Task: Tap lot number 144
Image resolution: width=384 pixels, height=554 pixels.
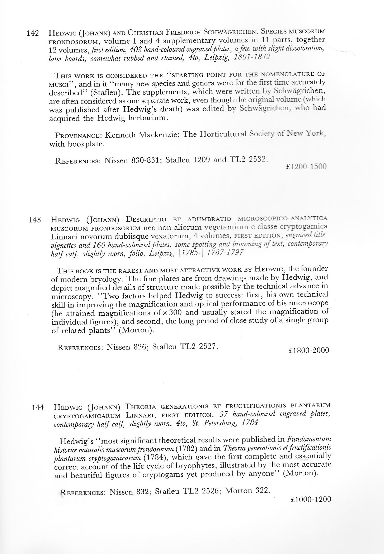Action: pyautogui.click(x=38, y=408)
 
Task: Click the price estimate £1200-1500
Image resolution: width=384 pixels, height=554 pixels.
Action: pyautogui.click(x=306, y=167)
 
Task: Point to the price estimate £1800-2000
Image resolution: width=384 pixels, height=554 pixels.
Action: pyautogui.click(x=309, y=350)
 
